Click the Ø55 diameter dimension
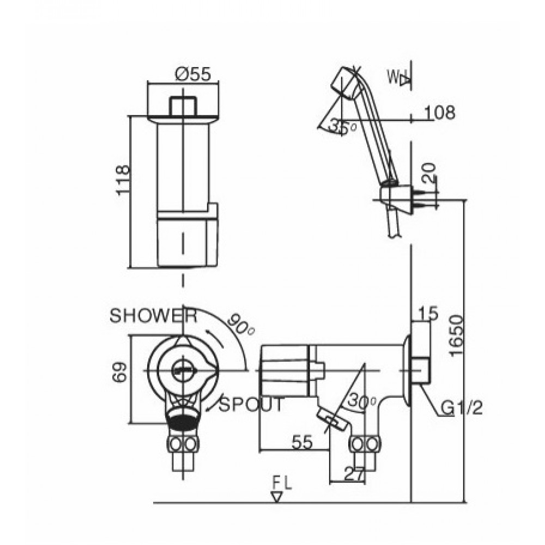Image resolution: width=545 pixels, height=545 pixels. (x=193, y=74)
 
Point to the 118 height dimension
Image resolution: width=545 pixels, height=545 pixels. (x=123, y=180)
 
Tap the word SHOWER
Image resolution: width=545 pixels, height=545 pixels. (x=153, y=316)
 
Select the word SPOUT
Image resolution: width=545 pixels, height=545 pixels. (x=251, y=404)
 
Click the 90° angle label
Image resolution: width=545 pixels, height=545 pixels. (x=241, y=325)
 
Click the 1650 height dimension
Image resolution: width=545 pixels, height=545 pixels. (x=456, y=336)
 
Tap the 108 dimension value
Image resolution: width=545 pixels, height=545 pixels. (x=440, y=112)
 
